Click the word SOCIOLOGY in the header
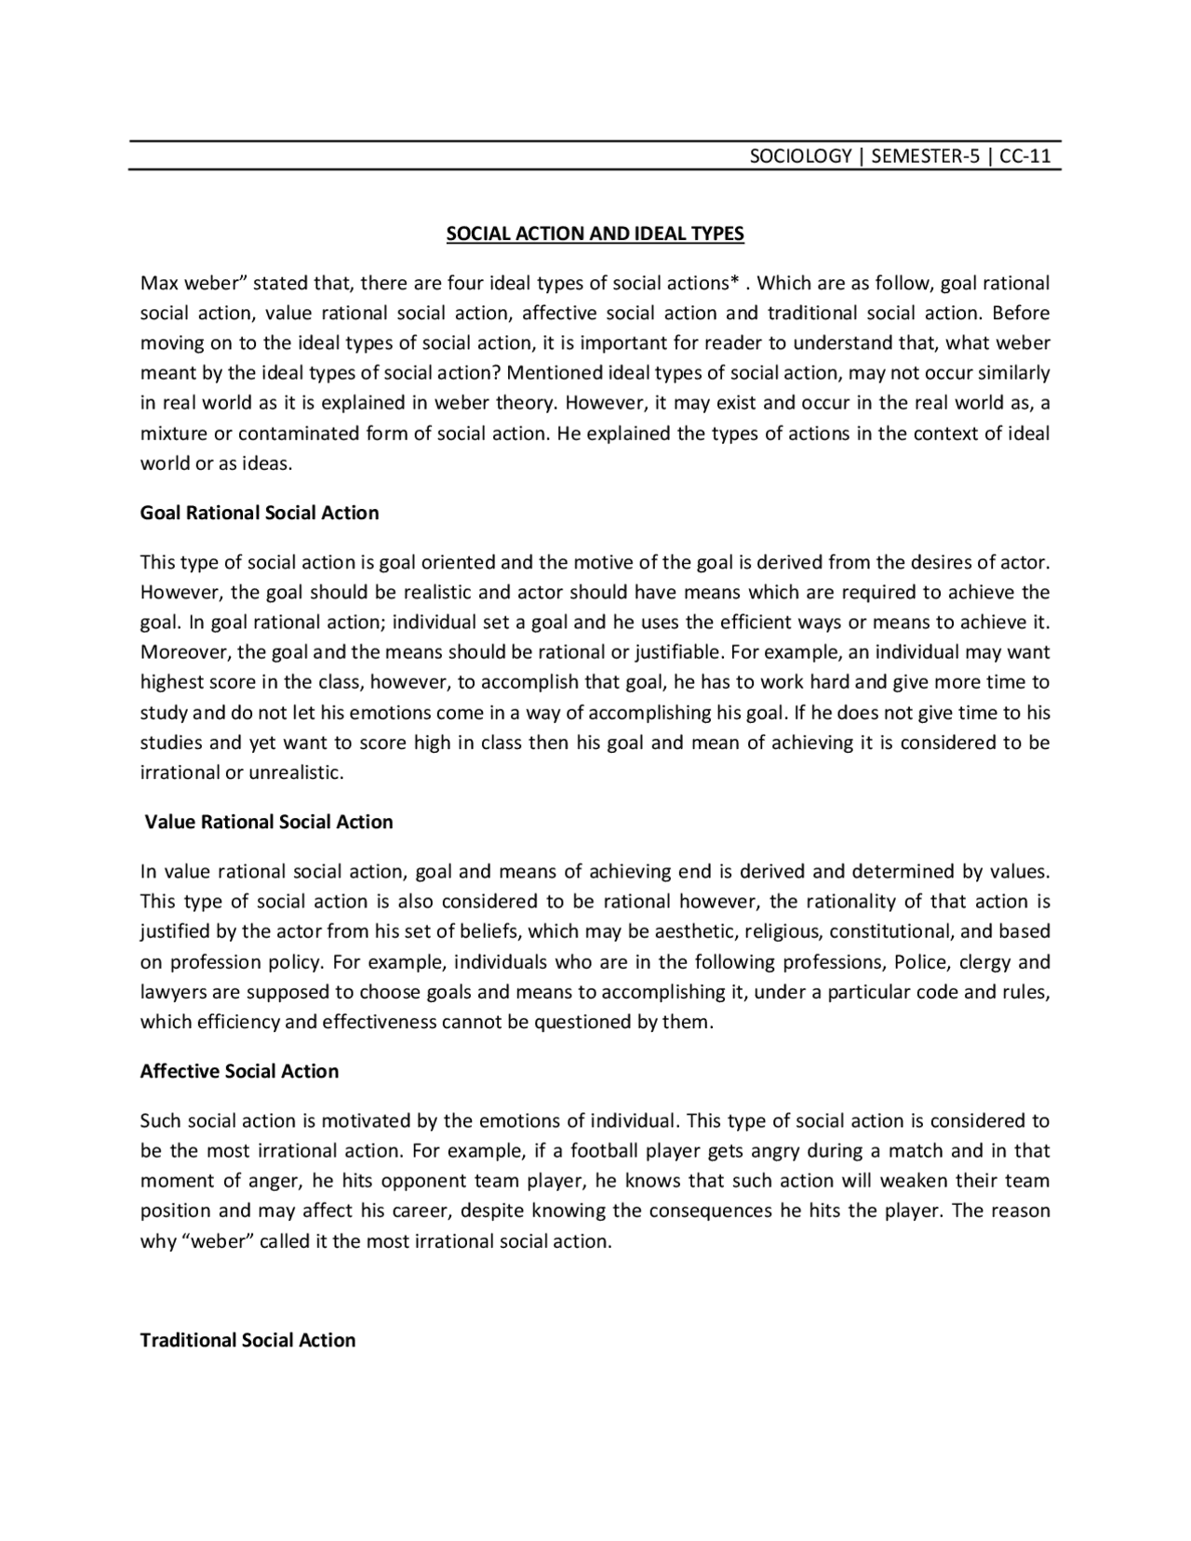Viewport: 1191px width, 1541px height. tap(800, 156)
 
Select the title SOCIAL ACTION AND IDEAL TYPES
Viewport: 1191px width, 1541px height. tap(595, 234)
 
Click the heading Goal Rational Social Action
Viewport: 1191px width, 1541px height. tap(260, 513)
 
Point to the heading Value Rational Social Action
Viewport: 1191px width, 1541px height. tap(269, 822)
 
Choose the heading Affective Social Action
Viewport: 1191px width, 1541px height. tap(239, 1071)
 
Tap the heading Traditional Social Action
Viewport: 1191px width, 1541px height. tap(248, 1340)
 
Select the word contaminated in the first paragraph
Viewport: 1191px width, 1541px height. tap(299, 434)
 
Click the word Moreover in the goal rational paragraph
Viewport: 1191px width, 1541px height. tap(181, 652)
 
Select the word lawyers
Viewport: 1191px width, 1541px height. tap(169, 992)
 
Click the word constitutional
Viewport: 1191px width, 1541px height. tap(888, 931)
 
